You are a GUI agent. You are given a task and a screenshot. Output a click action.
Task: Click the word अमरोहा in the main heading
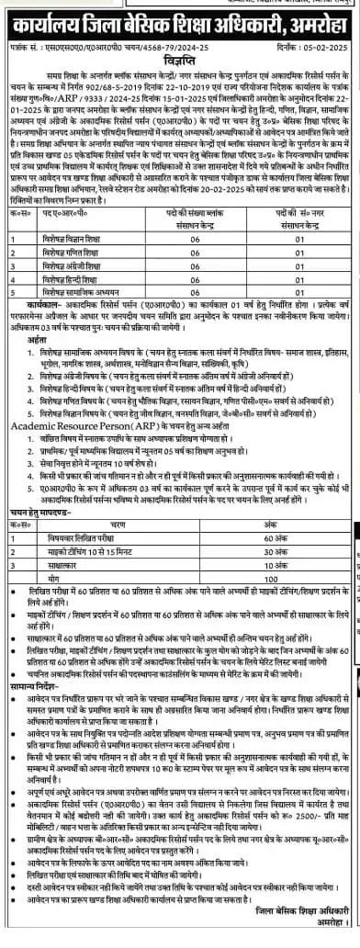tap(310, 19)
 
